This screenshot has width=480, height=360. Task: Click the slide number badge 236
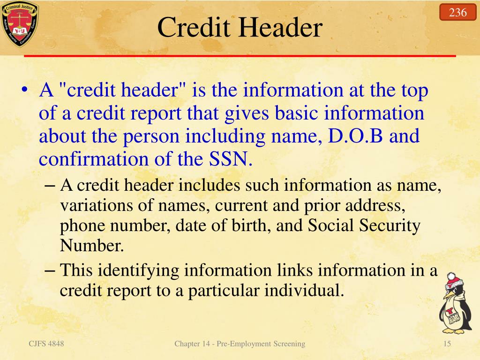pyautogui.click(x=457, y=12)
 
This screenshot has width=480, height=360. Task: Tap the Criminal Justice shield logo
pyautogui.click(x=19, y=24)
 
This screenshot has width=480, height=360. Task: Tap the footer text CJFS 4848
pyautogui.click(x=46, y=344)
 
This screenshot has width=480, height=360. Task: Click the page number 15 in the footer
pyautogui.click(x=447, y=344)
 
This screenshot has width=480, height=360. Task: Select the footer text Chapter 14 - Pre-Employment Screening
pyautogui.click(x=240, y=344)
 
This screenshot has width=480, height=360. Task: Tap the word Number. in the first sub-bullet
pyautogui.click(x=92, y=245)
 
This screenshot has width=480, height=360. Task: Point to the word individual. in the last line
pyautogui.click(x=304, y=291)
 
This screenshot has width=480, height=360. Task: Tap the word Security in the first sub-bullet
pyautogui.click(x=390, y=225)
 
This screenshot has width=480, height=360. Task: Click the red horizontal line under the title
pyautogui.click(x=240, y=56)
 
